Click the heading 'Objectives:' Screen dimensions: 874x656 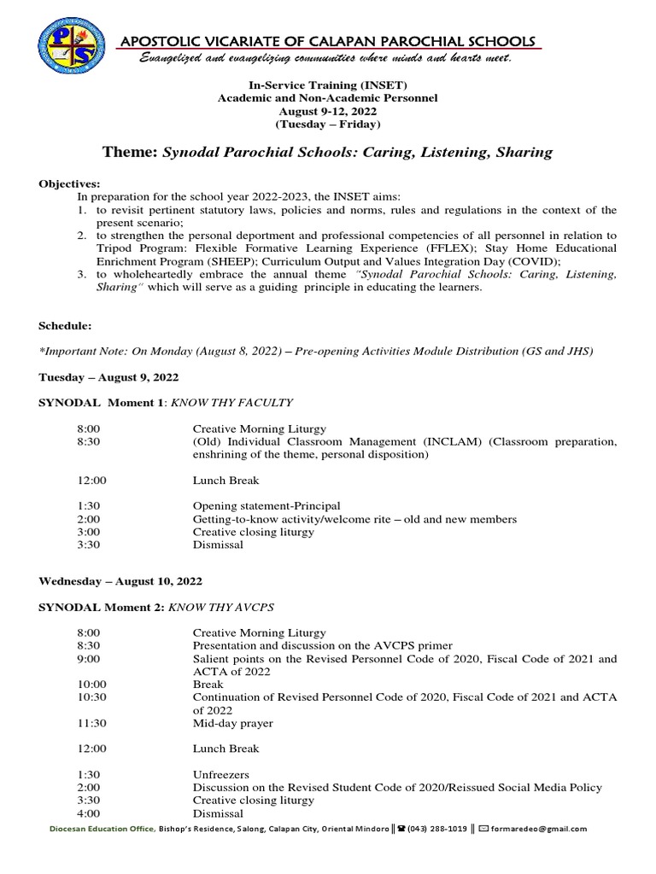69,184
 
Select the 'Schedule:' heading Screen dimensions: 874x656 65,326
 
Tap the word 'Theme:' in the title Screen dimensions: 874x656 130,153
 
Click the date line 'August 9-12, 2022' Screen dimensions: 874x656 328,112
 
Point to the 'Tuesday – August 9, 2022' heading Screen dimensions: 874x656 108,377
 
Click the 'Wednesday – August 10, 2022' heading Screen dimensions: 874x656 120,580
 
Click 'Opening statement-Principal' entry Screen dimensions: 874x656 266,505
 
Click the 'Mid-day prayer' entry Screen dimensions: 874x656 232,723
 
